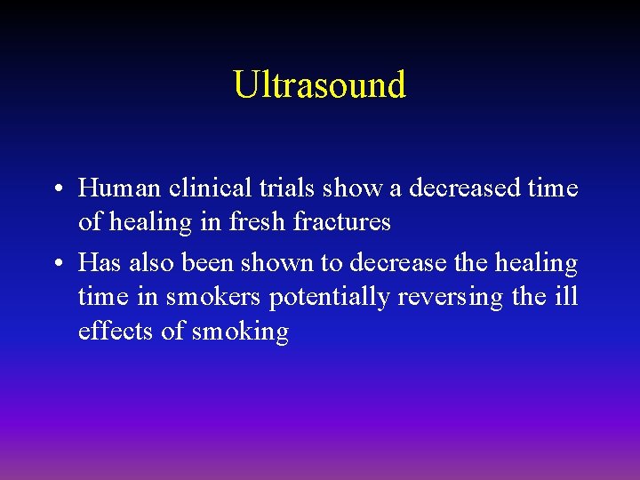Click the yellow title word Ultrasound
click(x=319, y=84)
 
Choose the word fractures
click(x=341, y=221)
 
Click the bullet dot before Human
click(x=56, y=189)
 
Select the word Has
click(x=99, y=264)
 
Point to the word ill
click(x=566, y=297)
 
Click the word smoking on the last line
click(x=240, y=332)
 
